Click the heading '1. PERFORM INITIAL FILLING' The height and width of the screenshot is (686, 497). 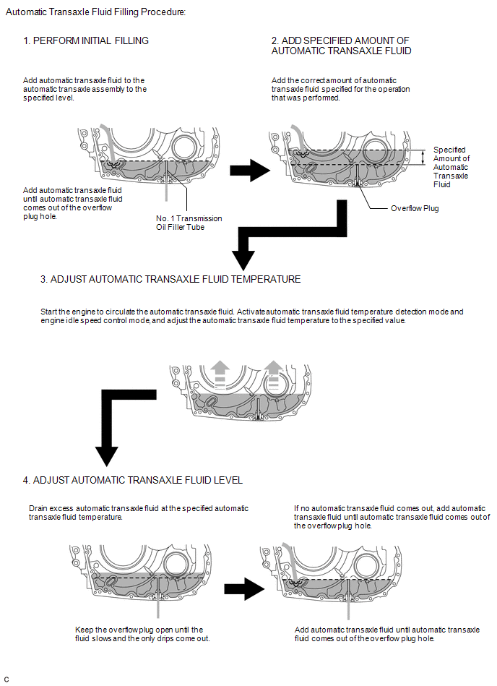pos(86,41)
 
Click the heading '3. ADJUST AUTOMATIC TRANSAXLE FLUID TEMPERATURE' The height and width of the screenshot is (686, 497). pos(170,279)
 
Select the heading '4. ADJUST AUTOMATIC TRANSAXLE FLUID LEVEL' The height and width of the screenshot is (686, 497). pos(133,480)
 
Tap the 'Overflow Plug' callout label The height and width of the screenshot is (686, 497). pos(415,208)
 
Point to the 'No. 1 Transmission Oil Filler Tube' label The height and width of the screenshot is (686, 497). pos(189,223)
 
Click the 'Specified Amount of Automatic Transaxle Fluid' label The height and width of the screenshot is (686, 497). pos(451,167)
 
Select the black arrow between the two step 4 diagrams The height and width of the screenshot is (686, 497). pos(241,589)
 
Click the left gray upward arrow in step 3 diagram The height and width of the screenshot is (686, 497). pos(221,373)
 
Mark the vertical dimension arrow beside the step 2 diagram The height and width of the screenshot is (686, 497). pos(424,158)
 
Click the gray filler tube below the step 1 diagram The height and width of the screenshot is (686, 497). pos(167,189)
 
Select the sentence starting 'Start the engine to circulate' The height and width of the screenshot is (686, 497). pos(252,316)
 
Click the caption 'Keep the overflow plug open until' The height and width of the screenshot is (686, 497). pos(139,633)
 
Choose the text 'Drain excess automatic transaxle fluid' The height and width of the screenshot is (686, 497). pos(138,513)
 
